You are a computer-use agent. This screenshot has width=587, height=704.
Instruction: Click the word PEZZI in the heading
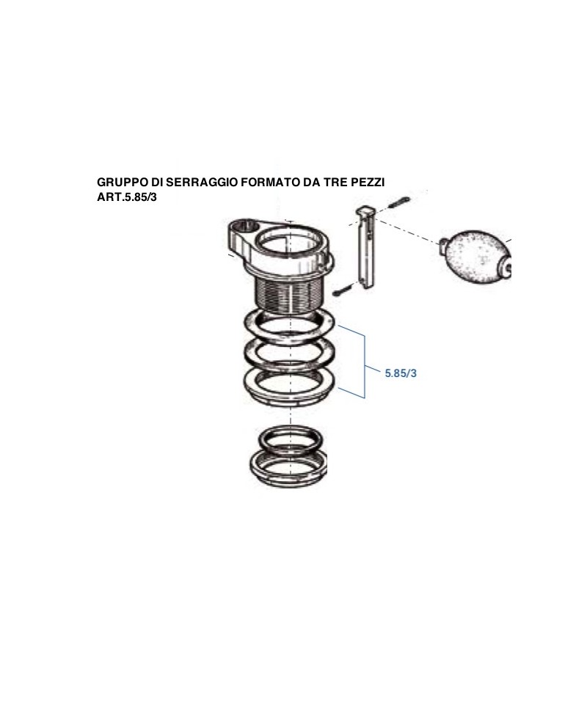(369, 183)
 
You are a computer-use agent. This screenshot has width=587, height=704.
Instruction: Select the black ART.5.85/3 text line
(127, 197)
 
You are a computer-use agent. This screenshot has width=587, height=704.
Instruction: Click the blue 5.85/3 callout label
(401, 373)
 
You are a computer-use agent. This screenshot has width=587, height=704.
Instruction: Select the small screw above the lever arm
(399, 202)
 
